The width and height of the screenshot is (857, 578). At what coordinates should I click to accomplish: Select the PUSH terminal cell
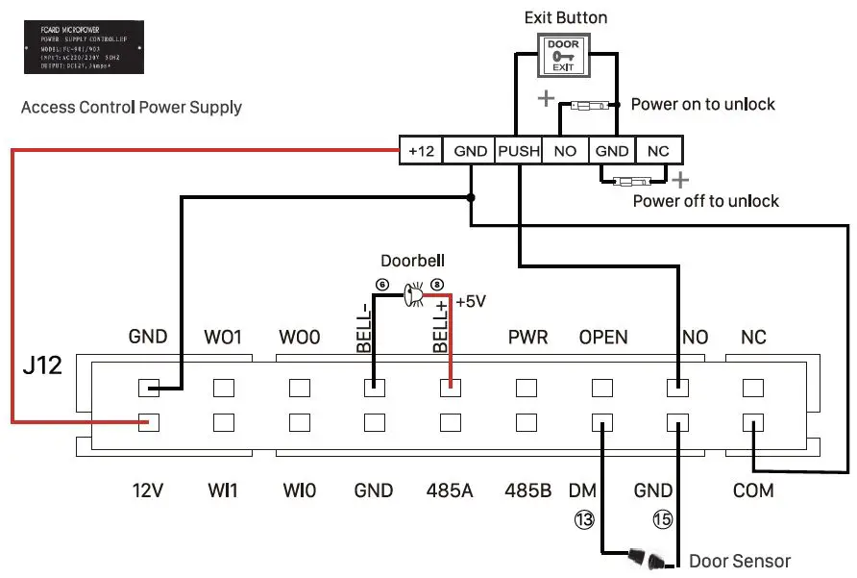pyautogui.click(x=518, y=151)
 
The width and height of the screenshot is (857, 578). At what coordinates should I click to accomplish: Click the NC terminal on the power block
pyautogui.click(x=658, y=151)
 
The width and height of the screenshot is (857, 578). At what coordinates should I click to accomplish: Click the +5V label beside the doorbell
pyautogui.click(x=471, y=301)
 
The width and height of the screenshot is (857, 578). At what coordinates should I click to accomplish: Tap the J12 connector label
pyautogui.click(x=42, y=367)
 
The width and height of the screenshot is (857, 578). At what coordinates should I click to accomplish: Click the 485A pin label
pyautogui.click(x=451, y=490)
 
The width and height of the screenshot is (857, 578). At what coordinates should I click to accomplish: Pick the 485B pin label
pyautogui.click(x=527, y=490)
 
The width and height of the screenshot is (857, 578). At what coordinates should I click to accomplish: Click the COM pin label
pyautogui.click(x=753, y=490)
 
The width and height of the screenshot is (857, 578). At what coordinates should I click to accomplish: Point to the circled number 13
pyautogui.click(x=584, y=520)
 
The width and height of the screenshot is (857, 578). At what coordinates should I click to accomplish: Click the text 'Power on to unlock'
pyautogui.click(x=702, y=104)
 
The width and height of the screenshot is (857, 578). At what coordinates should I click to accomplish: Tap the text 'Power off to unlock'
pyautogui.click(x=705, y=201)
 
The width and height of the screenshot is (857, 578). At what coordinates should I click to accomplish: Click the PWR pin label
pyautogui.click(x=527, y=338)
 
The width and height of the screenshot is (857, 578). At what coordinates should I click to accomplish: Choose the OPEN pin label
pyautogui.click(x=603, y=338)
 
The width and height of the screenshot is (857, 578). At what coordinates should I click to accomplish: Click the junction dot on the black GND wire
pyautogui.click(x=470, y=197)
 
